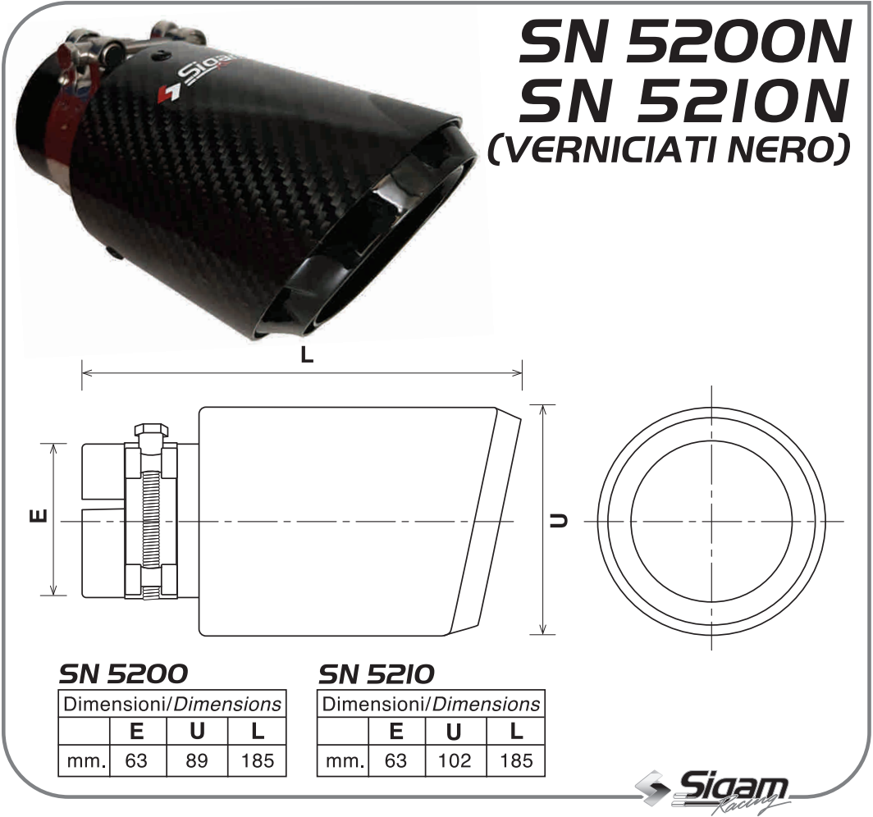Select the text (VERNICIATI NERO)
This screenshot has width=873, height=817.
(x=670, y=150)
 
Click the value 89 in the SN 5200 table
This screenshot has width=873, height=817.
(x=197, y=760)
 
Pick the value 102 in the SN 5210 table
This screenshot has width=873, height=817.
(x=455, y=760)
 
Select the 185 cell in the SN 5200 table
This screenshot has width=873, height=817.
(x=258, y=760)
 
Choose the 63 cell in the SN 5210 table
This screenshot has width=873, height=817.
(x=395, y=760)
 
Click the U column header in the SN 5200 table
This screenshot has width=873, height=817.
(x=197, y=731)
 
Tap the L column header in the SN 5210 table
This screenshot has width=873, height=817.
(x=516, y=731)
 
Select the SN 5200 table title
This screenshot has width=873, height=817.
(x=123, y=673)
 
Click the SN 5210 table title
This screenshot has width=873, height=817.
(x=376, y=673)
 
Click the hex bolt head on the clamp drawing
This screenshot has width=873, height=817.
(x=150, y=431)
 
